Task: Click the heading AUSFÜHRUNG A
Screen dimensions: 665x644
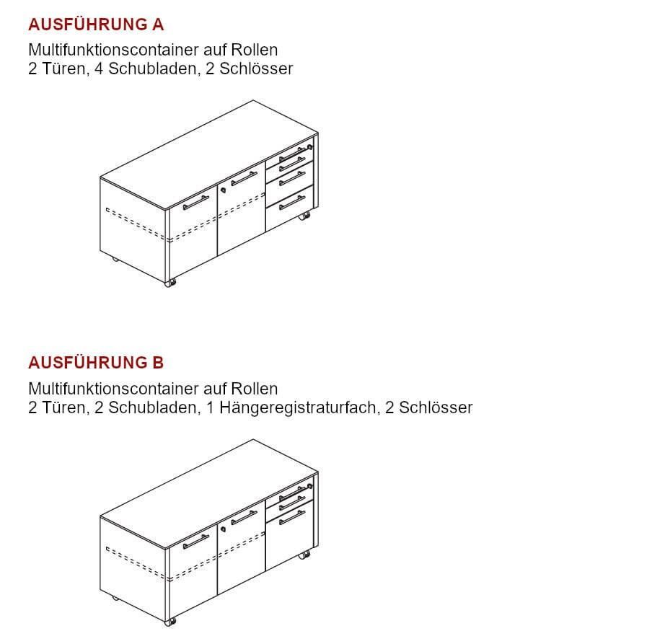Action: [96, 25]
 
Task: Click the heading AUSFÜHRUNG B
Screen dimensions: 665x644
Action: [96, 363]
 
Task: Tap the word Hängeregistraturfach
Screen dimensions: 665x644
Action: [298, 408]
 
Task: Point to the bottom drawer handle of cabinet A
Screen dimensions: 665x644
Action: [292, 203]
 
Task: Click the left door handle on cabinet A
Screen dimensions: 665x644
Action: [196, 203]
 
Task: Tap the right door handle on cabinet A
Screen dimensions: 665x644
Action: [244, 179]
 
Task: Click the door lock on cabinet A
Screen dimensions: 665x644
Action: [223, 190]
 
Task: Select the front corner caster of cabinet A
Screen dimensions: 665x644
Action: [169, 283]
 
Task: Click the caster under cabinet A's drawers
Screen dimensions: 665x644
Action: [304, 216]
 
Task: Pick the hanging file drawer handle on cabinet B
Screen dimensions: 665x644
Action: [292, 517]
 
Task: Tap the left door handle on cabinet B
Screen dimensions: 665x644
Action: [196, 542]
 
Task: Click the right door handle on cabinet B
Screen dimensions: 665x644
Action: [244, 517]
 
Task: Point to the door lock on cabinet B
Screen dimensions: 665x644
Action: [223, 529]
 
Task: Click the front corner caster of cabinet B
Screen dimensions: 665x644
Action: [169, 622]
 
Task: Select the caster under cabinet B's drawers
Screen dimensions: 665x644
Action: [304, 555]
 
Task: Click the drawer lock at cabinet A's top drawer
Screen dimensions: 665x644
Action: [310, 147]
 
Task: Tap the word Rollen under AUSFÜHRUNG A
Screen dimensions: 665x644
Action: [254, 50]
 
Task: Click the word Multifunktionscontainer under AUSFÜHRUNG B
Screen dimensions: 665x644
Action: [114, 389]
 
